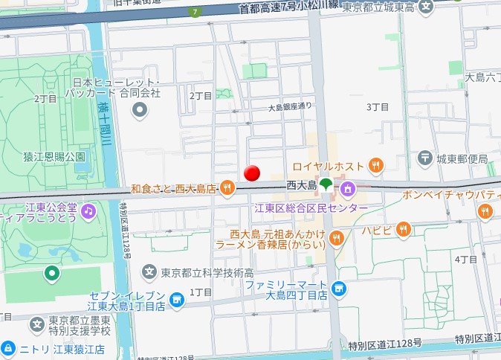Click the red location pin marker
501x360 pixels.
[253, 173]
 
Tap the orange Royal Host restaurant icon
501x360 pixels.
[378, 165]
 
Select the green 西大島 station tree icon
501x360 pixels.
[327, 184]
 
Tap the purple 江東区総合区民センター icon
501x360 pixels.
[347, 190]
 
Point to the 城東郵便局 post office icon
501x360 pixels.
[424, 157]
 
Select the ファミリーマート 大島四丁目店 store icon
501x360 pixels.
[339, 288]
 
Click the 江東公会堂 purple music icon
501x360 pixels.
[88, 211]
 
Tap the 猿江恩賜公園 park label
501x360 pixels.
[54, 156]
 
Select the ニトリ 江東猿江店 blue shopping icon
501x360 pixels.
[7, 348]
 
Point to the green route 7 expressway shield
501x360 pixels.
[195, 12]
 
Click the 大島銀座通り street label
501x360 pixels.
[291, 107]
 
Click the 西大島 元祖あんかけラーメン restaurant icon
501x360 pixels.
[337, 238]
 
